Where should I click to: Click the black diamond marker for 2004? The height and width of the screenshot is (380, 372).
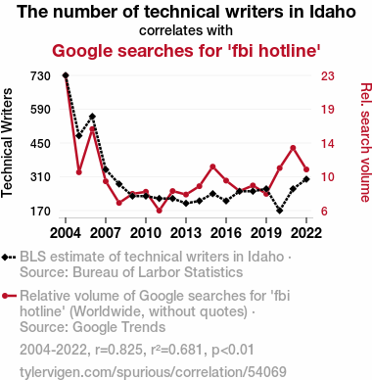[66, 75]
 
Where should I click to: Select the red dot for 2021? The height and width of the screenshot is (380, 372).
[293, 148]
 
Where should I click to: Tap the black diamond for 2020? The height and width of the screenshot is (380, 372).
[279, 211]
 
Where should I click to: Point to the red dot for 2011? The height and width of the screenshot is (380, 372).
[159, 211]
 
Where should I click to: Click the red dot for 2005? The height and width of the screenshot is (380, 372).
[79, 172]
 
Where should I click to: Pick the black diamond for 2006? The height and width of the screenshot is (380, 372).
[92, 117]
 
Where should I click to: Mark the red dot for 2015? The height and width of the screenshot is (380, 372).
[212, 166]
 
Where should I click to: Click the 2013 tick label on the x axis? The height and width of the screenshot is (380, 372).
[186, 233]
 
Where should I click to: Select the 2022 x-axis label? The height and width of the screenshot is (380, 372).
[306, 233]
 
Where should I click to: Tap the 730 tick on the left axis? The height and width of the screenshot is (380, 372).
[40, 76]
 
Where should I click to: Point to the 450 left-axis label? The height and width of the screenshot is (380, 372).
[40, 143]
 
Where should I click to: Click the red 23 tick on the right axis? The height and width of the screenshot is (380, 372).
[328, 76]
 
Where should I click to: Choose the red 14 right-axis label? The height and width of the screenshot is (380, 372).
[328, 143]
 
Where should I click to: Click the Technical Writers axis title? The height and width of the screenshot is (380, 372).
[7, 143]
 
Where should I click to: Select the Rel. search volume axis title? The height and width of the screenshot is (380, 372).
[366, 142]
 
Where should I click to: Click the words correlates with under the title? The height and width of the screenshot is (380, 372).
[186, 30]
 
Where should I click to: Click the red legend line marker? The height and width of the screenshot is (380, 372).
[9, 296]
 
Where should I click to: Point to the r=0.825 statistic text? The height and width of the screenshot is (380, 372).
[119, 350]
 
